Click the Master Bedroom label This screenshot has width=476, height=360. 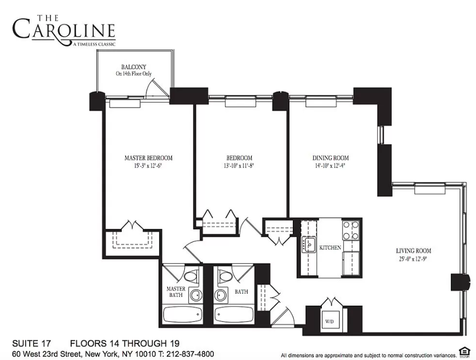(x=149, y=158)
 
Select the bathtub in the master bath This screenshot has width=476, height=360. (x=182, y=316)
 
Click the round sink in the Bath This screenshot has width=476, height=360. (x=221, y=296)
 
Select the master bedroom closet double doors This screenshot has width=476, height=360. (x=131, y=226)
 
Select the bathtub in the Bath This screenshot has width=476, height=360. (x=233, y=316)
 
